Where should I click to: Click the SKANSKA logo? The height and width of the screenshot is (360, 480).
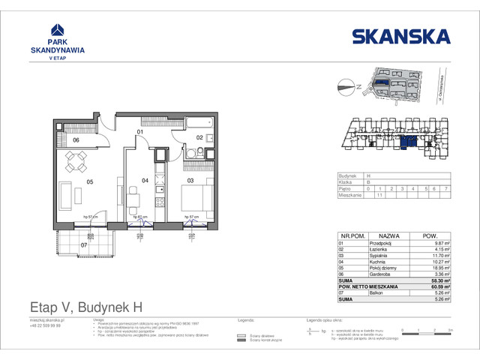click(400, 36)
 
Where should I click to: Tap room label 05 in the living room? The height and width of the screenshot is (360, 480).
click(88, 181)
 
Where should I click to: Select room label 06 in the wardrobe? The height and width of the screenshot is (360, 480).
click(76, 139)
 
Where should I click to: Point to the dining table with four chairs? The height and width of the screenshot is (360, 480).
click(76, 160)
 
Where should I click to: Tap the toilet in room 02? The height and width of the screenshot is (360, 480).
click(191, 155)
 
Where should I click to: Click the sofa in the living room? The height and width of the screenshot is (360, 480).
click(66, 197)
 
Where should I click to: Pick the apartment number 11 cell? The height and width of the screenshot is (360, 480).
click(381, 194)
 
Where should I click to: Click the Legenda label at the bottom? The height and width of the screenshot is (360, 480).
click(247, 319)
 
